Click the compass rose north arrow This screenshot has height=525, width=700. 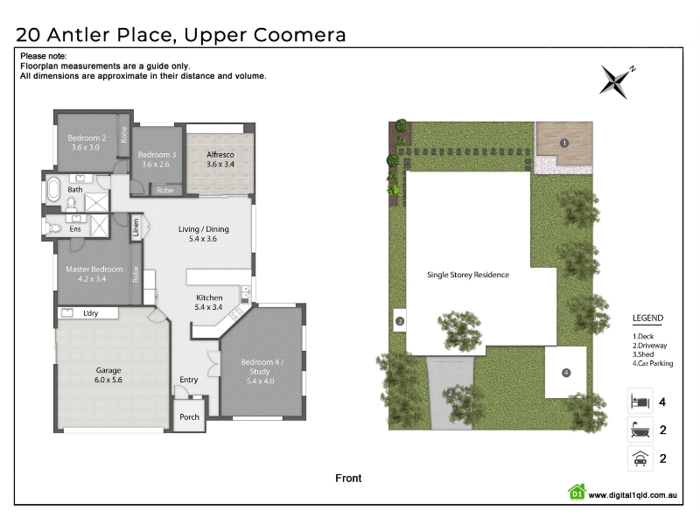coord(617,80)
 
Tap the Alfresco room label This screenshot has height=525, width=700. coord(220,159)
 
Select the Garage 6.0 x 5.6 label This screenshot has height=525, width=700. coord(108,375)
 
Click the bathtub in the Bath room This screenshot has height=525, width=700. coord(53,189)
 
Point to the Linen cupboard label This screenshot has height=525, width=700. coord(136,227)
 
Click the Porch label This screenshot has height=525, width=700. coord(189,417)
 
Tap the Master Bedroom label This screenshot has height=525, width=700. coord(94,274)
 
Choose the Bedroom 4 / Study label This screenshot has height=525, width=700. coord(262,371)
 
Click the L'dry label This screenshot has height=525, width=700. coord(91,313)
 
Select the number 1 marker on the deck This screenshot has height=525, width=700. coord(563,143)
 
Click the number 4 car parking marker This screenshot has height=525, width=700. coord(566,373)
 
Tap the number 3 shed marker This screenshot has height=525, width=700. coord(400,321)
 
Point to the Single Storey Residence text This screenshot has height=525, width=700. coord(468,275)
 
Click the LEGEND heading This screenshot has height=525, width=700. coord(647,318)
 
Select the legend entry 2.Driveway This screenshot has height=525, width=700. coord(649,346)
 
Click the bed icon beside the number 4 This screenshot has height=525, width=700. coord(640,402)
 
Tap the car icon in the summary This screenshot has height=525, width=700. coord(640,458)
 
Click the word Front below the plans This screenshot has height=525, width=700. coord(348,478)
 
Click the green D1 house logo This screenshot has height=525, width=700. coord(577,492)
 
